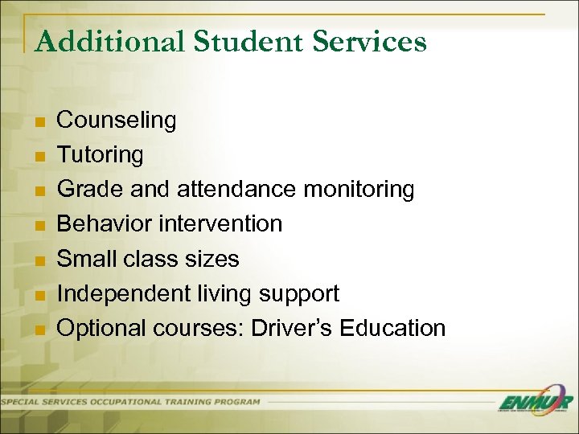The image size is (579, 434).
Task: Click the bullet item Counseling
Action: pyautogui.click(x=117, y=121)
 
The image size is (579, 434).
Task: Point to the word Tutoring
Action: pyautogui.click(x=100, y=154)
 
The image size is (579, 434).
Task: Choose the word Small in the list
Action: pyautogui.click(x=88, y=259)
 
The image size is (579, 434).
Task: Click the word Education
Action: pyautogui.click(x=393, y=328)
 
